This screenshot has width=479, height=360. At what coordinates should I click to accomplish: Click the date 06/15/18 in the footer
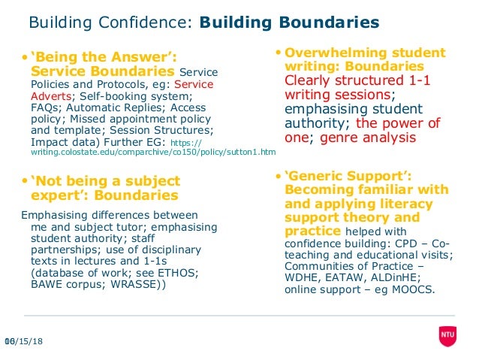click(23, 342)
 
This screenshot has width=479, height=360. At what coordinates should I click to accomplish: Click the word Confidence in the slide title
click(153, 23)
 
